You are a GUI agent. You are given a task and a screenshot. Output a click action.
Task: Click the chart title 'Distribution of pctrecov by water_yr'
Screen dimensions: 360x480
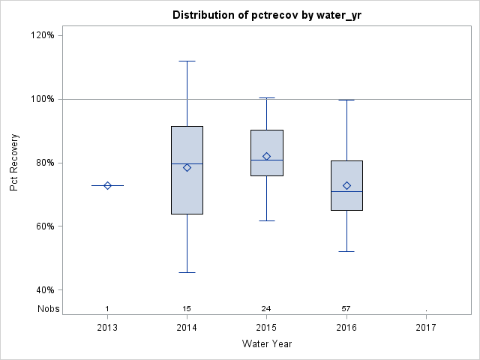pos(266,15)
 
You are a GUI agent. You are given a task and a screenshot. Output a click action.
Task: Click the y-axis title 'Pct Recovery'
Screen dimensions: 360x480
pos(15,163)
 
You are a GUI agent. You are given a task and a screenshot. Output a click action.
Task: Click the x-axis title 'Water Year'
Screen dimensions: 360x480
pos(266,343)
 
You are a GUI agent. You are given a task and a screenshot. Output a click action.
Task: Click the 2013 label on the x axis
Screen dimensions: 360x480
pos(107,327)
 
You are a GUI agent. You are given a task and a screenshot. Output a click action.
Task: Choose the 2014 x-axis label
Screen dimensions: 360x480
pos(187,327)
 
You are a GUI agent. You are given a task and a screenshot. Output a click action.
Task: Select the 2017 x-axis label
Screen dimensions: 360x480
pos(426,327)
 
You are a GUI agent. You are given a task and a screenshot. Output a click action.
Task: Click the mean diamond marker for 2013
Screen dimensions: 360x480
pos(107,185)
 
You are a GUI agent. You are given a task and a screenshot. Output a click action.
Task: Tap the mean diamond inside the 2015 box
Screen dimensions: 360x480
pos(266,156)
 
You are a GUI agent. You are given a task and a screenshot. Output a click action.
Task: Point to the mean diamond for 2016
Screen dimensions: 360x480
pos(346,185)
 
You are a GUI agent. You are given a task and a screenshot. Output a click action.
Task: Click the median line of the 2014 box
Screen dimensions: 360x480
pos(187,163)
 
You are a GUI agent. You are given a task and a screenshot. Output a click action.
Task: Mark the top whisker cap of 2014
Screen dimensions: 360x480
pos(187,61)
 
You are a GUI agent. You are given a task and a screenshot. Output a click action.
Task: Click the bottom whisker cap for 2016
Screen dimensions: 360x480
pos(346,251)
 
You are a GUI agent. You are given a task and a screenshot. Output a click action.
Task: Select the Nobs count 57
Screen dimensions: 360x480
pos(346,308)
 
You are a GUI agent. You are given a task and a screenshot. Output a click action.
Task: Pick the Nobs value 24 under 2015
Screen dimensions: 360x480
pos(266,308)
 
